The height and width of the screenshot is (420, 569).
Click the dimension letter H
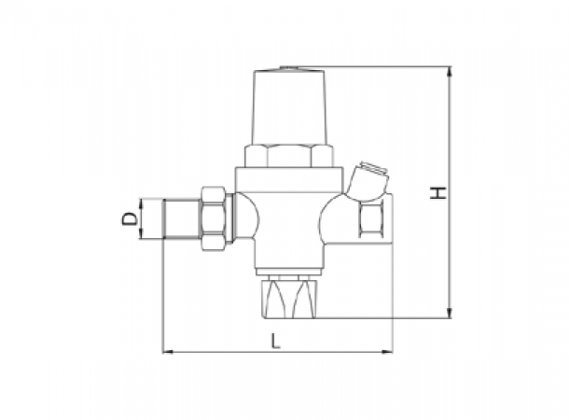[x=438, y=193]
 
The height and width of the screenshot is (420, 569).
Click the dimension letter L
[x=276, y=341]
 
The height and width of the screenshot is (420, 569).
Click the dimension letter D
[x=130, y=219]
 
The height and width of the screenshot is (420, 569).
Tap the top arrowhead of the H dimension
[x=450, y=71]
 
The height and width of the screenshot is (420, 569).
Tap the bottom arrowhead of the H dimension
[x=450, y=313]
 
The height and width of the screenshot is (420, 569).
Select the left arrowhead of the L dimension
[x=167, y=352]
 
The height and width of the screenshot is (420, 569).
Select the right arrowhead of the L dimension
[x=387, y=352]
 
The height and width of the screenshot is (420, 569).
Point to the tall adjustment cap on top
[x=290, y=106]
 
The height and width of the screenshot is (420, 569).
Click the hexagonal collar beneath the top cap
[x=289, y=156]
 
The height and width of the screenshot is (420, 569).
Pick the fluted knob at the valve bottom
[x=289, y=299]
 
